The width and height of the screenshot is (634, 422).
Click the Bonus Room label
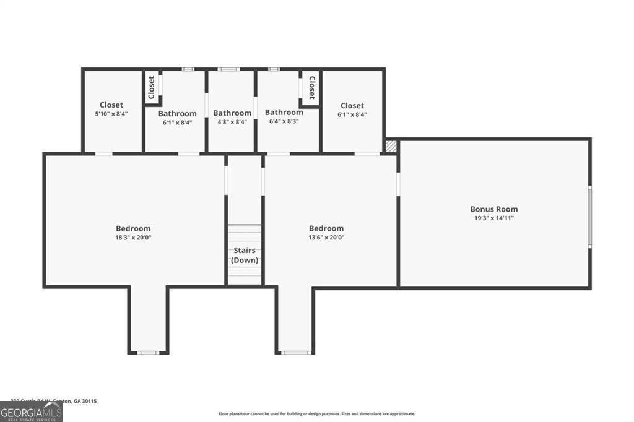493,209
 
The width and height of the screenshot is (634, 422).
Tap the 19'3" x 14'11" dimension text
493,218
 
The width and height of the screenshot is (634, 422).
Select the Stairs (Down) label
245,256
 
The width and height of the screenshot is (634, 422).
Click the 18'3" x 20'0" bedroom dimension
133,237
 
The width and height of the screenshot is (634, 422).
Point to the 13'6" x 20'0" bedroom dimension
326,237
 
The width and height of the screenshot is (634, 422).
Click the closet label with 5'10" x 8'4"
111,105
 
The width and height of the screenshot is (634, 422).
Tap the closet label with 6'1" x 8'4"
352,105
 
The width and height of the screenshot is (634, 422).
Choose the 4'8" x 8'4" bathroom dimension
232,122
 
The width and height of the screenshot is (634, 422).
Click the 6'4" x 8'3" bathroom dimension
284,121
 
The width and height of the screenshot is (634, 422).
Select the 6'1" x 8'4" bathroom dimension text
177,122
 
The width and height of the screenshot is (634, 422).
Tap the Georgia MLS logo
31,411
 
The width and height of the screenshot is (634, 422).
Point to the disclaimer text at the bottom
316,414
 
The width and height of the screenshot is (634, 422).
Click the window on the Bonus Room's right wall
589,217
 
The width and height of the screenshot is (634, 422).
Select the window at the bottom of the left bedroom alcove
148,353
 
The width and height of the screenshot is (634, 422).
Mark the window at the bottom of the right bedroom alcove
295,353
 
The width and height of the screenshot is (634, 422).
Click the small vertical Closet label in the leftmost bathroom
151,88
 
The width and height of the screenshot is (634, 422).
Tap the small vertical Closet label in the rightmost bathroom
311,88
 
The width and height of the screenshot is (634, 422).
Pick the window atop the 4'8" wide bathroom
229,69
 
